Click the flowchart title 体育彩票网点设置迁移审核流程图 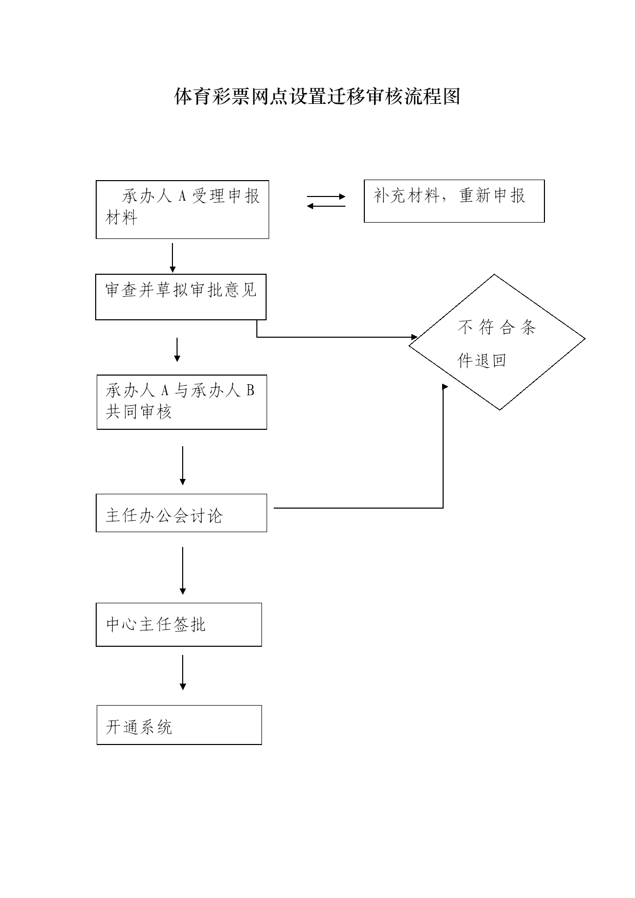(317, 96)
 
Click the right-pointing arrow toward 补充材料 (326, 196)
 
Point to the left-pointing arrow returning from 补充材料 (326, 206)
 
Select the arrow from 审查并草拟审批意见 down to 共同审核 (177, 349)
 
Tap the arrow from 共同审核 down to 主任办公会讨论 (183, 466)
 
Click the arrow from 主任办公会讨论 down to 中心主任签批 (183, 571)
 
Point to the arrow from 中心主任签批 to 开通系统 (183, 672)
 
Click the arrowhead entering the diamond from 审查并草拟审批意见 (415, 337)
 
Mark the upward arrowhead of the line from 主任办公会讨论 (444, 387)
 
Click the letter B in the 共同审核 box (250, 390)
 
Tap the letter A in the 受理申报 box (181, 196)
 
